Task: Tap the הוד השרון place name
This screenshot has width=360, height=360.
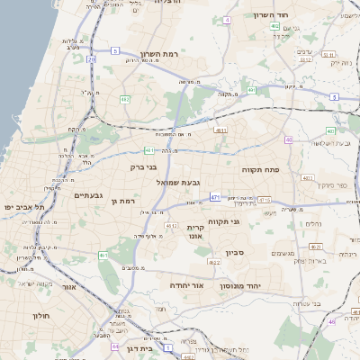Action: pos(292,16)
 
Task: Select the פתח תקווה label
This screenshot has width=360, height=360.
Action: pos(260,167)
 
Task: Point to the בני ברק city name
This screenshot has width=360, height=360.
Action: pos(157,166)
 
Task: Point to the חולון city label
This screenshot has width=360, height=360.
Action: pos(41,316)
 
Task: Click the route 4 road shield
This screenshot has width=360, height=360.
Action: pos(228,19)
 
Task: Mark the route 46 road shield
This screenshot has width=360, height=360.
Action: pos(331,321)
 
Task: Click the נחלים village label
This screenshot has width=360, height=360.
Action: pos(313,223)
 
